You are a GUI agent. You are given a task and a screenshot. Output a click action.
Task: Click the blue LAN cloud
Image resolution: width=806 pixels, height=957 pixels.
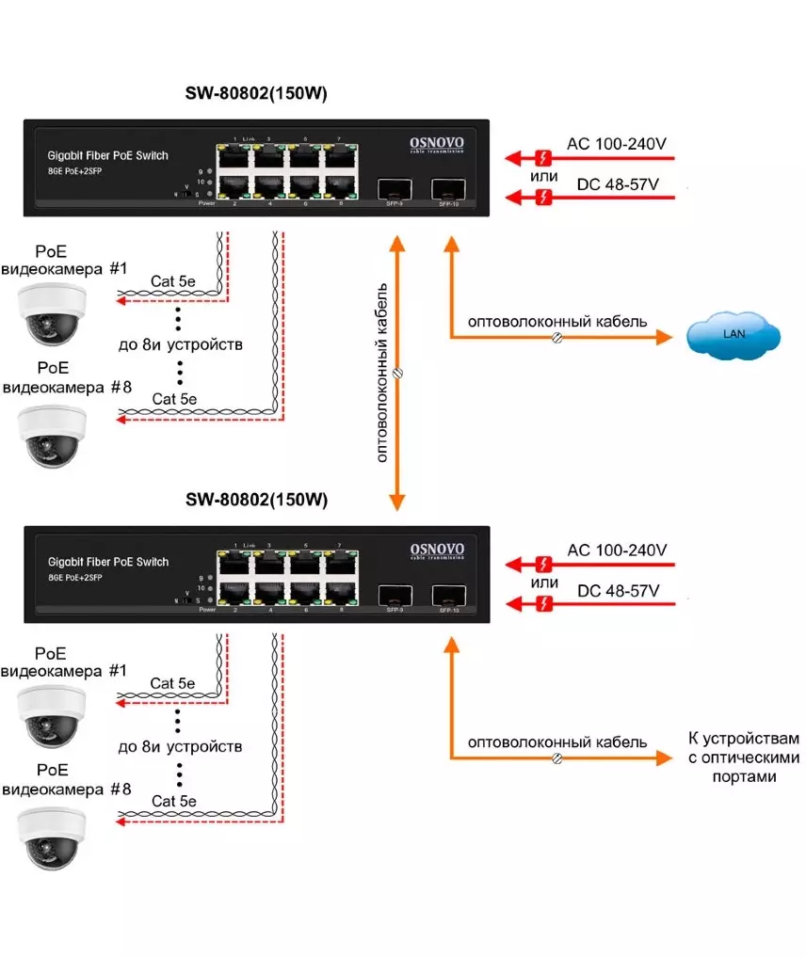(733, 333)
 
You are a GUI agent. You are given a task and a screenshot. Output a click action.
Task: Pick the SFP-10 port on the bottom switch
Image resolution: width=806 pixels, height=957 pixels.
(446, 595)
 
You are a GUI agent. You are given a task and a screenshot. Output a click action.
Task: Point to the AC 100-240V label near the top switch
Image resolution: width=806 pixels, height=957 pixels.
(616, 144)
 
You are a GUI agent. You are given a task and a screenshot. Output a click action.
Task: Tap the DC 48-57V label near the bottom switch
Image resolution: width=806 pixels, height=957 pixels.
(617, 590)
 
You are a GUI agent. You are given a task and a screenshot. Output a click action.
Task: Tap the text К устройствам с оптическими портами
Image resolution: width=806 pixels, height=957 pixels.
(743, 758)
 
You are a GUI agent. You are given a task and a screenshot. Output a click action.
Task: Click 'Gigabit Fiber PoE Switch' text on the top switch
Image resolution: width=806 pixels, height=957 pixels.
(107, 154)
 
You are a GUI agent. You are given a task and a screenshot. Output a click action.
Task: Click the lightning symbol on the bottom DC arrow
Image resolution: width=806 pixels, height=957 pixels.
(542, 602)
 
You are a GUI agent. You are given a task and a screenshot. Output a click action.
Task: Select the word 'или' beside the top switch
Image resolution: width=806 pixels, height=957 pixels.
(542, 176)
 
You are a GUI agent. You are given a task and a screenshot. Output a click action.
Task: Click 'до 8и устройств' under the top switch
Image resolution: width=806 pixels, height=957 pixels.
(180, 344)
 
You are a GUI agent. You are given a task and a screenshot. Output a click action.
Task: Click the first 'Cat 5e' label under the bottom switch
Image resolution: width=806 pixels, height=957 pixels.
(173, 682)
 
